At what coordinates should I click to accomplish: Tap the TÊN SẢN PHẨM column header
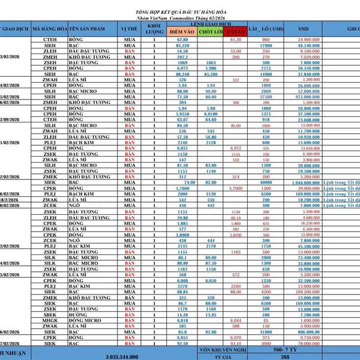tap(93, 29)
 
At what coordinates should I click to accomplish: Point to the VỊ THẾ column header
tap(129, 29)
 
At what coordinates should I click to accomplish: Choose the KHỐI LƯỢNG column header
tap(154, 29)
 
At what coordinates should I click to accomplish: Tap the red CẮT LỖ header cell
tap(235, 31)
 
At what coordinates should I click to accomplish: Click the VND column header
tap(304, 29)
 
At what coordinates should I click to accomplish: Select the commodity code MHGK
tap(50, 320)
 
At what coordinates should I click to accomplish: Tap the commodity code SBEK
tap(50, 314)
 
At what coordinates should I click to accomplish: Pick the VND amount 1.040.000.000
tap(304, 182)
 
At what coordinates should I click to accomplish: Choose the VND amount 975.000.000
tap(304, 97)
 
